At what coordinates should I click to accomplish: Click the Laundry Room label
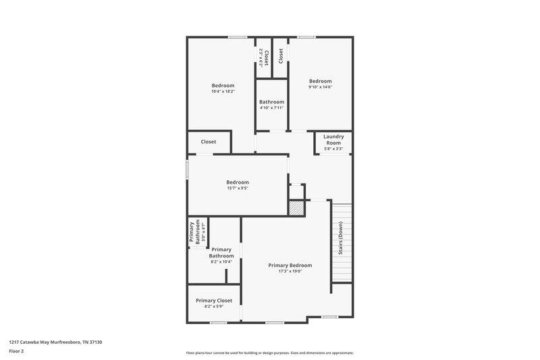(333, 140)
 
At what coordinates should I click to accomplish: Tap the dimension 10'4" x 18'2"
(223, 93)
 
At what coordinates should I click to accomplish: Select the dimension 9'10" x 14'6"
(320, 87)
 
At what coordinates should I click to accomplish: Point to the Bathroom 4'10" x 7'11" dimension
(271, 107)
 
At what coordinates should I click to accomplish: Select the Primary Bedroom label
(290, 265)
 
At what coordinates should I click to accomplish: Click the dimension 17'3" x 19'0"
(290, 272)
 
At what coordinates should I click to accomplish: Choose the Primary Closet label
(214, 300)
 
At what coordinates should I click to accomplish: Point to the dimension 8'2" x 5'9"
(214, 307)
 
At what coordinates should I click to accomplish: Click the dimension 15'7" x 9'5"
(237, 188)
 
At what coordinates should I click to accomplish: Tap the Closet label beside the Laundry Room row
(209, 142)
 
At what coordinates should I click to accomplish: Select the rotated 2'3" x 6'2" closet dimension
(260, 55)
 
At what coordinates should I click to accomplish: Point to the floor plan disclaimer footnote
(269, 353)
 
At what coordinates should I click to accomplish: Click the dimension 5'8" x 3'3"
(333, 149)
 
